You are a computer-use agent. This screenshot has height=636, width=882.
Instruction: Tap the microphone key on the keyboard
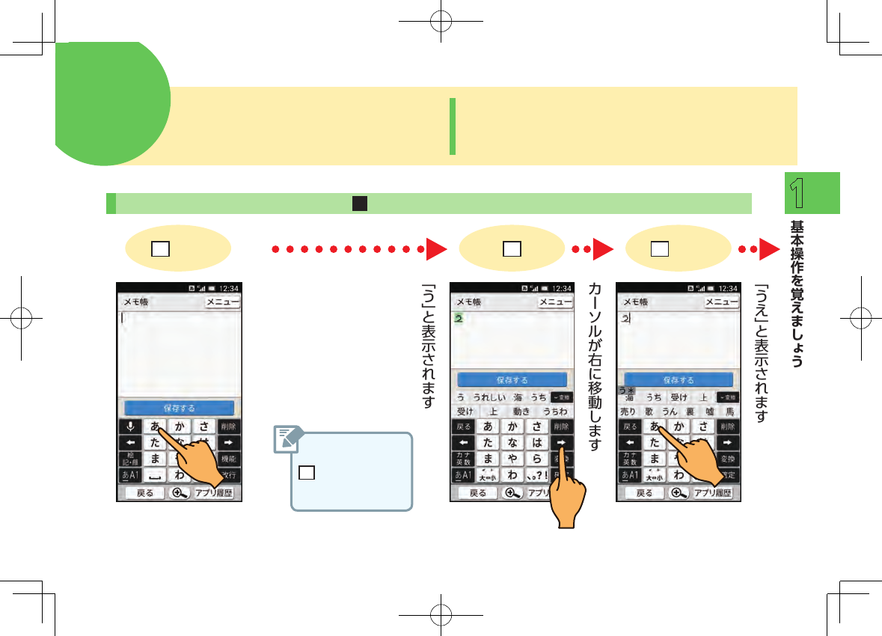[130, 426]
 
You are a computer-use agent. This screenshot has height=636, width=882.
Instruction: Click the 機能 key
[230, 459]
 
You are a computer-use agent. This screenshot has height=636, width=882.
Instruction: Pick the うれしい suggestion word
[489, 397]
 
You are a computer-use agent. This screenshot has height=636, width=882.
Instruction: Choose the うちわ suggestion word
[555, 412]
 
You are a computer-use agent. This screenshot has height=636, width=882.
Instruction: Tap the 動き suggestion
[521, 412]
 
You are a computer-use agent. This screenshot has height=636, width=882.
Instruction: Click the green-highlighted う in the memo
[459, 319]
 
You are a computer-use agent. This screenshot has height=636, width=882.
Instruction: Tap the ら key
[537, 459]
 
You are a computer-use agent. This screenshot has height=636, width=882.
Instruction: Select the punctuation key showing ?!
[537, 475]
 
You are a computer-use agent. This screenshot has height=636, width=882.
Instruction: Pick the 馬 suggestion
[729, 412]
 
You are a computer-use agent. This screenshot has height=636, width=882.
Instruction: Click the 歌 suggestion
[649, 412]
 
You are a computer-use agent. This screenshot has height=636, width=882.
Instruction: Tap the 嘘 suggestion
[709, 412]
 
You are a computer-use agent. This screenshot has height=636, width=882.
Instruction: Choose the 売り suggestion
[628, 412]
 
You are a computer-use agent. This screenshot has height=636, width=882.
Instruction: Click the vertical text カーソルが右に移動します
[595, 367]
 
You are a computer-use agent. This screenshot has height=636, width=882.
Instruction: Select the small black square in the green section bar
[360, 204]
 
